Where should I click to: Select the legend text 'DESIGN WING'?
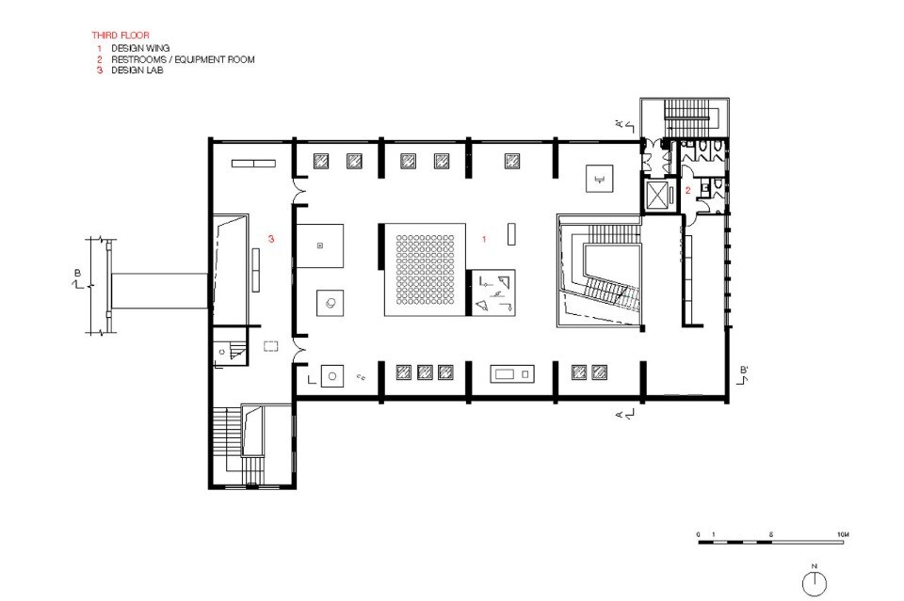click(140, 47)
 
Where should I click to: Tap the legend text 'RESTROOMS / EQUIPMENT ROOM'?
click(183, 58)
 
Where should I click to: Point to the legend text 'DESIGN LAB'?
click(137, 70)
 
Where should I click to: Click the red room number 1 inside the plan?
click(484, 240)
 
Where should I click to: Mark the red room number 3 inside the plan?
click(271, 240)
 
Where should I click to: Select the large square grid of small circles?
click(422, 269)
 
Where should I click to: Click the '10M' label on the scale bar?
click(843, 534)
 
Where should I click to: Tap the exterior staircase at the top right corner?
click(685, 118)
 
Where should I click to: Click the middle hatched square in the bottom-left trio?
click(425, 372)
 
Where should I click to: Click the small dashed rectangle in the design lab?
click(272, 345)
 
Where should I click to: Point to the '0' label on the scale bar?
click(699, 534)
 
